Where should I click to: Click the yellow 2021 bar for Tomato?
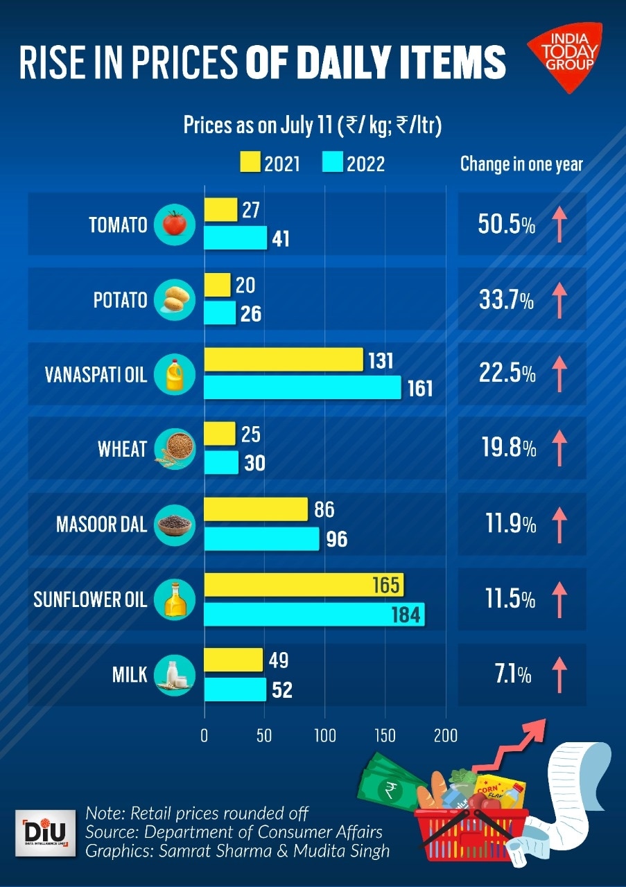pos(220,210)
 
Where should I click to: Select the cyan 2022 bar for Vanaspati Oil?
pos(302,387)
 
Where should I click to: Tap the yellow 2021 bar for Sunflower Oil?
pos(304,585)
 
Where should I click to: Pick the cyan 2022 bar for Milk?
pos(235,690)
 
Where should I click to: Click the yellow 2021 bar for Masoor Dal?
pos(256,509)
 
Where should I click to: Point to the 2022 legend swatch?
pos(333,164)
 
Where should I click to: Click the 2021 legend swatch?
pos(249,164)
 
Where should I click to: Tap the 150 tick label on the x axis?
pos(385,735)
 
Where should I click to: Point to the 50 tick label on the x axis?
pos(264,735)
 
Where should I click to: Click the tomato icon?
pos(175,224)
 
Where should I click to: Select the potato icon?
pos(175,299)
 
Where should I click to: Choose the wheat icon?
pos(175,449)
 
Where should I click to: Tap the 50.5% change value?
pos(507,225)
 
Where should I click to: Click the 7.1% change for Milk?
pos(513,674)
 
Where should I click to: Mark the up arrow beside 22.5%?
pos(559,374)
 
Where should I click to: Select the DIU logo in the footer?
pos(46,832)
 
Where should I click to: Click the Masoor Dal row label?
pos(102,524)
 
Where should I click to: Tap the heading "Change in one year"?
pos(521,164)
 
